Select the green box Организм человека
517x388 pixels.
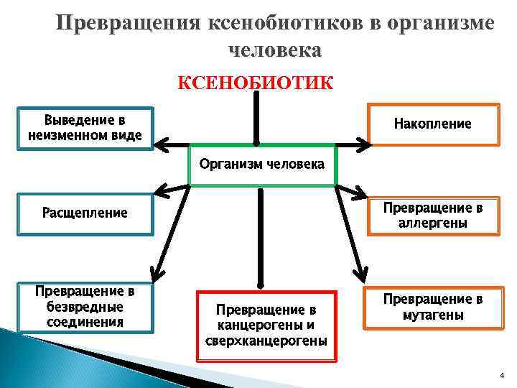click(261, 165)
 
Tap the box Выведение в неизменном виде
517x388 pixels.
click(85, 126)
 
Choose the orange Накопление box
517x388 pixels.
click(433, 124)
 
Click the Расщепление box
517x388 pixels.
click(85, 213)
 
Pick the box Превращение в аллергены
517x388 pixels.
click(433, 215)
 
